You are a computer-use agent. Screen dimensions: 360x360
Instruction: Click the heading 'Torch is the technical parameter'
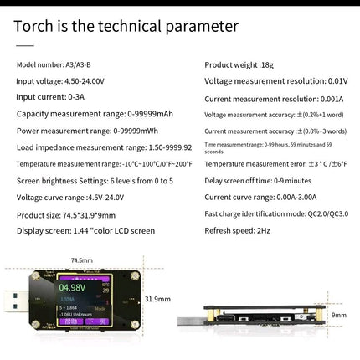pyautogui.click(x=126, y=27)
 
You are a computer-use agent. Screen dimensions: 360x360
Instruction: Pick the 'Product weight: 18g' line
pyautogui.click(x=237, y=64)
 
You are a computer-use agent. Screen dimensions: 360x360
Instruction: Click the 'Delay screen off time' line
pyautogui.click(x=258, y=180)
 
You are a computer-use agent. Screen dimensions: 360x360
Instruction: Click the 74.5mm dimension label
pyautogui.click(x=81, y=260)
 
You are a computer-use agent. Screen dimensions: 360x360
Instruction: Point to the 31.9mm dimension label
pyautogui.click(x=157, y=298)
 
